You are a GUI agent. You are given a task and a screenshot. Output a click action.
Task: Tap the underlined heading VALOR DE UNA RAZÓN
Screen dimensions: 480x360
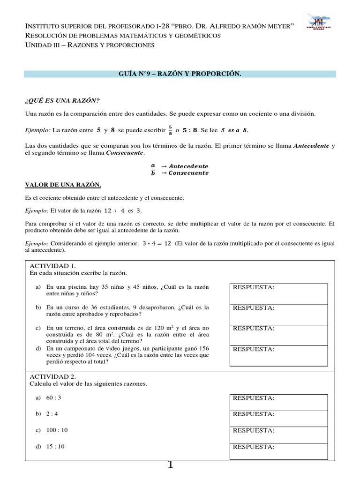pyautogui.click(x=63, y=185)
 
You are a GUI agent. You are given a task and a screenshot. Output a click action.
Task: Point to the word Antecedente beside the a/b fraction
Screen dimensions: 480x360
pyautogui.click(x=188, y=166)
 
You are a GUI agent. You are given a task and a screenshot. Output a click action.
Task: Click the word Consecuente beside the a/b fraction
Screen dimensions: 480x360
pyautogui.click(x=188, y=173)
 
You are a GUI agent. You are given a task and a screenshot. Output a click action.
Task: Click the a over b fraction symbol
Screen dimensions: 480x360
pyautogui.click(x=152, y=169)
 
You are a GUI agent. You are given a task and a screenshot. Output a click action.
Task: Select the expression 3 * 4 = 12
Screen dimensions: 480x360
pyautogui.click(x=157, y=244)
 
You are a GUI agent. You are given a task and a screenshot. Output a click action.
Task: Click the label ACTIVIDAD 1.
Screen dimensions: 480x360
pyautogui.click(x=50, y=266)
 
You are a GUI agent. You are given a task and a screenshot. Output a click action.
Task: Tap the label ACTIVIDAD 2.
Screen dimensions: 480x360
pyautogui.click(x=50, y=376)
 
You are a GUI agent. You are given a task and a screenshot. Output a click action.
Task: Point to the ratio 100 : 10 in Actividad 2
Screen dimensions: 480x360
pyautogui.click(x=57, y=430)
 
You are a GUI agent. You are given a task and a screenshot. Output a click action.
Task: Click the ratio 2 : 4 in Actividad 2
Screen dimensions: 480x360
pyautogui.click(x=53, y=414)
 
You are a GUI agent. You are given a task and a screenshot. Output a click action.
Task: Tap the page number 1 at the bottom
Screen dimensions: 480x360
pyautogui.click(x=170, y=465)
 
